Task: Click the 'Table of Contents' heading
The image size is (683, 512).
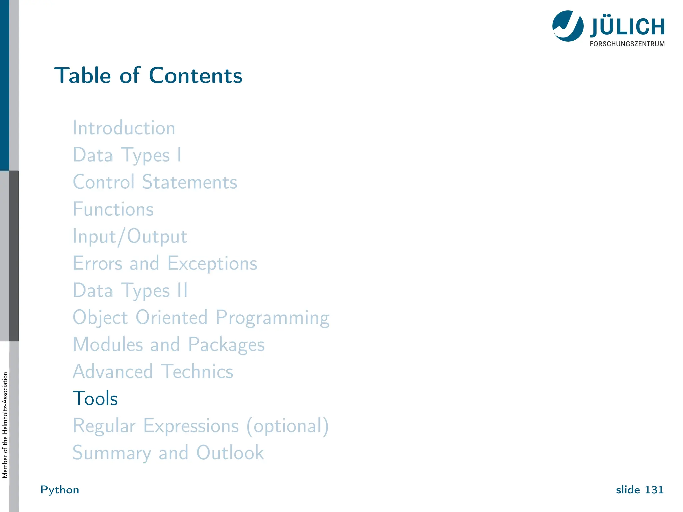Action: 148,75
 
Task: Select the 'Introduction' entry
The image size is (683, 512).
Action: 124,128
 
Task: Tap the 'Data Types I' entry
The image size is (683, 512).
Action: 127,155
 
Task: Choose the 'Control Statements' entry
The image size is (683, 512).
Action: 155,182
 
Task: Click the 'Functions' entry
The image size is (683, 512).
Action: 113,209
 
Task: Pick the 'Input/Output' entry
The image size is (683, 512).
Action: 130,237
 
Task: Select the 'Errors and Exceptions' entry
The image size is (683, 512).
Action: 165,263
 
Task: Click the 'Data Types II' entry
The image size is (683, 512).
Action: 130,290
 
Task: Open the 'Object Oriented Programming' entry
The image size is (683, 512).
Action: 201,317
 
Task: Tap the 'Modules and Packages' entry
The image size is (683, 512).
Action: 169,344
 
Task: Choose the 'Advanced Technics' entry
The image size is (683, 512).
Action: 153,371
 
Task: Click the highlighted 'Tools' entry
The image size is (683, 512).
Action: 95,398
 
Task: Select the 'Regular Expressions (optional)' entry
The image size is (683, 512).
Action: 201,426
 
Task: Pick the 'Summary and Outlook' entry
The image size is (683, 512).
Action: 168,453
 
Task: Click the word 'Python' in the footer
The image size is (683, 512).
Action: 60,490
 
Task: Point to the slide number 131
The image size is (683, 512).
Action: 640,490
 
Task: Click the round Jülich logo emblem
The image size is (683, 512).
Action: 568,26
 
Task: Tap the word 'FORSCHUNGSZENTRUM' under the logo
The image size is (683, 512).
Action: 627,44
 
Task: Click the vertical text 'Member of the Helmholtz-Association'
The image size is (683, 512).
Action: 5,425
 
